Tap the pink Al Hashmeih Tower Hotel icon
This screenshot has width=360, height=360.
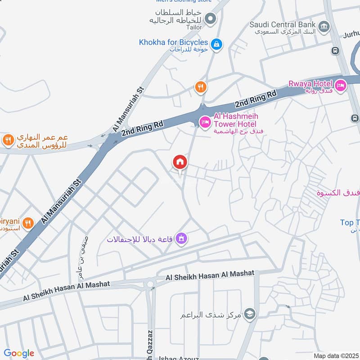pyautogui.click(x=205, y=121)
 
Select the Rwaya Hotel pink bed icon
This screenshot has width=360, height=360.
pyautogui.click(x=340, y=84)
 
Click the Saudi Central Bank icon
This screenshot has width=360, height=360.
pyautogui.click(x=323, y=27)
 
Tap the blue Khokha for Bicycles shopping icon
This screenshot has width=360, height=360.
pyautogui.click(x=217, y=44)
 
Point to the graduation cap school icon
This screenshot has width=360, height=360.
pyautogui.click(x=250, y=314)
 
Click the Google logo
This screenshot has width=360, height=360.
pyautogui.click(x=19, y=353)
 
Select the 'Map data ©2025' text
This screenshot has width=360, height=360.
pyautogui.click(x=336, y=355)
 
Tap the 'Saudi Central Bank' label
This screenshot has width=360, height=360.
pyautogui.click(x=283, y=24)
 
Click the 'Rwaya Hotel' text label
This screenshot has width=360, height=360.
pyautogui.click(x=310, y=83)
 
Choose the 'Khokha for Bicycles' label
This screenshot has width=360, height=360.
pyautogui.click(x=173, y=42)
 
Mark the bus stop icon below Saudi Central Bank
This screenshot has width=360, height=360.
pyautogui.click(x=335, y=50)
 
